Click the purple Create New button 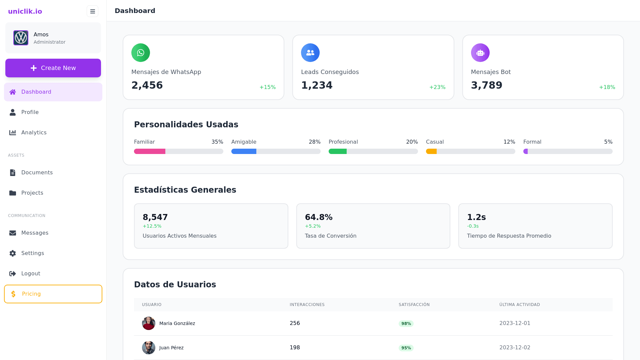(x=53, y=68)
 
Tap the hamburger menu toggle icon (x=92, y=11)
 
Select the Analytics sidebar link (x=34, y=133)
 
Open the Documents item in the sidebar (x=37, y=173)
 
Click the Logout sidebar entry (x=30, y=274)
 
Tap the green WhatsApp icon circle (x=141, y=53)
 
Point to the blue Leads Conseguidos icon (x=310, y=53)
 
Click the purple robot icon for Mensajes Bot (x=480, y=53)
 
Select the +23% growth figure (x=437, y=87)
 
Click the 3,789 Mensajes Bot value (x=486, y=85)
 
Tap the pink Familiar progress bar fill (x=150, y=151)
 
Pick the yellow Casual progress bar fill (x=431, y=151)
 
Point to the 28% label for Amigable (x=314, y=142)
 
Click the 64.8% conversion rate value (x=319, y=217)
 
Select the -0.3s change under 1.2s (x=473, y=226)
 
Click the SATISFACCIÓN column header (x=414, y=305)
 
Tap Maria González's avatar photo (x=149, y=323)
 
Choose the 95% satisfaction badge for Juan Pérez (x=406, y=348)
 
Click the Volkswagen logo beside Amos (x=21, y=38)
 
